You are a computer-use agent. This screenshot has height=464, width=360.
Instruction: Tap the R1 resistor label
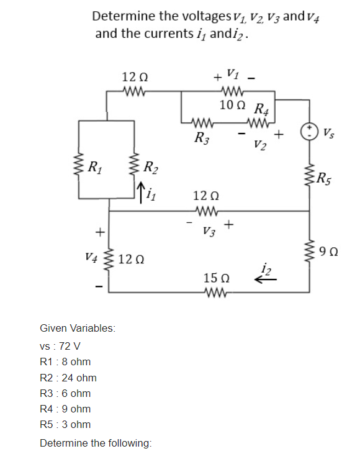(95, 168)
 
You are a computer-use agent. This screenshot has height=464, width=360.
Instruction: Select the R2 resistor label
(151, 168)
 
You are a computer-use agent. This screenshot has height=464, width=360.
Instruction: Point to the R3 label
(202, 139)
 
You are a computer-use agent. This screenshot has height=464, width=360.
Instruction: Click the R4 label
(262, 109)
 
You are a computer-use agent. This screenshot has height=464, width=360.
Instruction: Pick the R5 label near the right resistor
(325, 179)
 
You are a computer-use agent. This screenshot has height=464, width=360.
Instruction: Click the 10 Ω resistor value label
(232, 105)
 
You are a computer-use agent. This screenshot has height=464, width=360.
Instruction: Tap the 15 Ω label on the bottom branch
(217, 278)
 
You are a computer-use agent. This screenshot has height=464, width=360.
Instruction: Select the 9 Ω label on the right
(328, 252)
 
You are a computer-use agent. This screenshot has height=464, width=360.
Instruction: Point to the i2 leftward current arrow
(266, 280)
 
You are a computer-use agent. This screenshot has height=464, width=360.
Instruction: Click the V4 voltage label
(91, 257)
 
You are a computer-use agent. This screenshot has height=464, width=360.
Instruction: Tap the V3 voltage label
(209, 231)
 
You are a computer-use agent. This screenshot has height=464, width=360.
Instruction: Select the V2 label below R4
(260, 145)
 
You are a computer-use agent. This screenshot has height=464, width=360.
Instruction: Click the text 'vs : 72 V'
(60, 346)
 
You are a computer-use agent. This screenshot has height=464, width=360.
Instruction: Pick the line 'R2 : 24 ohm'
(68, 378)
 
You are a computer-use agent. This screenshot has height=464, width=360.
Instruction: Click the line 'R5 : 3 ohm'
(65, 424)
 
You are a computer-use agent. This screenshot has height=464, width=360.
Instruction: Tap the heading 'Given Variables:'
(78, 328)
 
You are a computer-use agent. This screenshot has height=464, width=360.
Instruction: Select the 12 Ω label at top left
(135, 77)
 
